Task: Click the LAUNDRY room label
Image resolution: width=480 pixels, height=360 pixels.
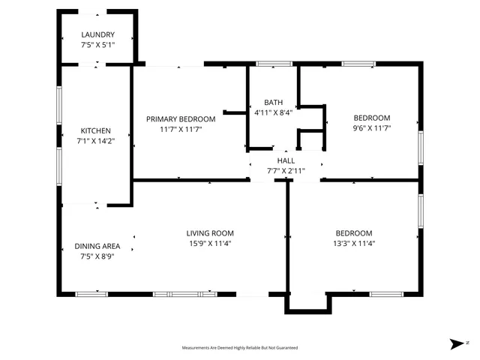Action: click(97, 34)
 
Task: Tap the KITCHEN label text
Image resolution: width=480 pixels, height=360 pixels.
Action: click(97, 130)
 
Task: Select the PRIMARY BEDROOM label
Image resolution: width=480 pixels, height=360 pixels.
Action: click(181, 119)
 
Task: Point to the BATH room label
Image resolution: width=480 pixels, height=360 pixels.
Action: click(273, 103)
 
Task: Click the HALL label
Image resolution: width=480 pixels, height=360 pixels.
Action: click(286, 160)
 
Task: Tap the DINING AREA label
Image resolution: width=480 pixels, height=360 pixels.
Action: click(97, 246)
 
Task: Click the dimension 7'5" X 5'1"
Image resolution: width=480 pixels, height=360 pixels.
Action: click(97, 44)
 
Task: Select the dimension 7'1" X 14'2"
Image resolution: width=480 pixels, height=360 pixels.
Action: click(97, 140)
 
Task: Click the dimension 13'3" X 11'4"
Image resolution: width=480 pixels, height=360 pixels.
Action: click(354, 243)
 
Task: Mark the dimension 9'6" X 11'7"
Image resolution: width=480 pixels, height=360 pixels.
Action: click(372, 128)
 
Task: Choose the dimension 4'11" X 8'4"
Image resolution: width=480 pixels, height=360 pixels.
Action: click(273, 112)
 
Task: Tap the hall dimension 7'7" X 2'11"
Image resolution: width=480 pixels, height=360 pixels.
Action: click(286, 170)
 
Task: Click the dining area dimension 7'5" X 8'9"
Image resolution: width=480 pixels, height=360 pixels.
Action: click(97, 256)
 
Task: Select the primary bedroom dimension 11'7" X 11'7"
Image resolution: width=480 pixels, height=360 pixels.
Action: click(181, 129)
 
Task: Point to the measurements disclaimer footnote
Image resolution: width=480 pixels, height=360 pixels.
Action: click(240, 348)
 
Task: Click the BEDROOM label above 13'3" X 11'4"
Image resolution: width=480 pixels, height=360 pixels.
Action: click(354, 233)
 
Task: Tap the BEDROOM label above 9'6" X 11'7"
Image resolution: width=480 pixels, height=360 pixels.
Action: click(372, 118)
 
